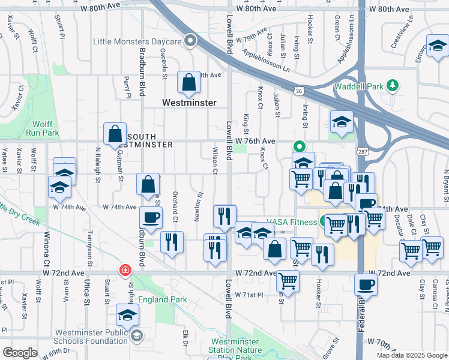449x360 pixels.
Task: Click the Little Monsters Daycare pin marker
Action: (x=191, y=41)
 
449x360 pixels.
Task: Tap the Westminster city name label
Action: (x=189, y=103)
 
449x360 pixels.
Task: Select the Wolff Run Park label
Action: (x=42, y=128)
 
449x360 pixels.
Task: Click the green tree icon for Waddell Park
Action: (x=393, y=86)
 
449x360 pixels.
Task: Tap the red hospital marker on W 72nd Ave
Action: (x=125, y=271)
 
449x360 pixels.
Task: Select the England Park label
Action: (x=163, y=299)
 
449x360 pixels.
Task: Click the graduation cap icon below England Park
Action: (x=128, y=314)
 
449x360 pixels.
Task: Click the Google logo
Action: (x=20, y=352)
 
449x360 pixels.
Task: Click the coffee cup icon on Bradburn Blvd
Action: (x=150, y=217)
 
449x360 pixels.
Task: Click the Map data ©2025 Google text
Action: (x=411, y=355)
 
